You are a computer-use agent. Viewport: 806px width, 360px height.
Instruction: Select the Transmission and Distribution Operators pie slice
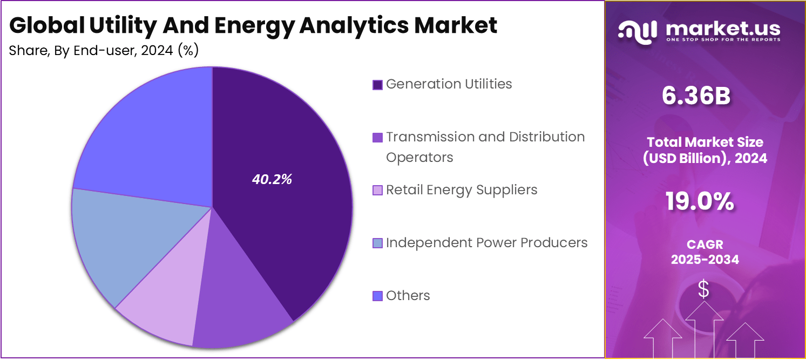243,302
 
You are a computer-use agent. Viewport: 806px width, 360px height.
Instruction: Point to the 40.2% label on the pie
272,180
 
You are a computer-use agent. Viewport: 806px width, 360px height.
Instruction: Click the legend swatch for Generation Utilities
378,85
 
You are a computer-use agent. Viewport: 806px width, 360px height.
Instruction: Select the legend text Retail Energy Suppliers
462,190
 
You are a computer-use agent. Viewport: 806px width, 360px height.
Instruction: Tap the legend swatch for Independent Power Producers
378,243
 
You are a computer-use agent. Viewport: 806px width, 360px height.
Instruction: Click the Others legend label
408,296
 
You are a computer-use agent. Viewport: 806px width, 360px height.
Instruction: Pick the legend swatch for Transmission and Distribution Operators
378,138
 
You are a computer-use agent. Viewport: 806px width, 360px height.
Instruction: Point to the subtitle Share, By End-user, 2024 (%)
104,51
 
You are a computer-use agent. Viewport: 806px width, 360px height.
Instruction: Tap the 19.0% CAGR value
700,202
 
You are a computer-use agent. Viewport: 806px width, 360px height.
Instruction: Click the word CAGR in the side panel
705,245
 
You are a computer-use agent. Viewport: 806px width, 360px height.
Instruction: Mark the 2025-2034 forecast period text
705,260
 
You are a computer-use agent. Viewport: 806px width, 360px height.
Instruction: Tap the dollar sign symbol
703,290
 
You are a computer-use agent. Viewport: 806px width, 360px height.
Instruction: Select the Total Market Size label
705,142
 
